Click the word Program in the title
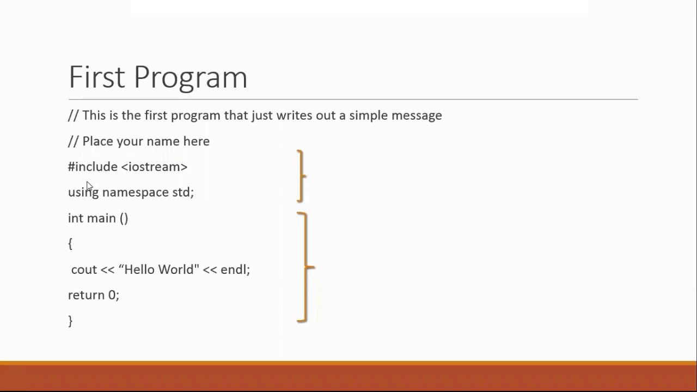click(190, 78)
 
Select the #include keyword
click(93, 167)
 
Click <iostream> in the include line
click(154, 167)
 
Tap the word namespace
click(135, 192)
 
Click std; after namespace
click(183, 192)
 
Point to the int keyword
click(75, 218)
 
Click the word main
click(101, 218)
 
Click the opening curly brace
click(70, 244)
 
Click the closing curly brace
click(70, 321)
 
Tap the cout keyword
click(84, 269)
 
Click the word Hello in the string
click(140, 269)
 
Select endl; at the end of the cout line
click(235, 269)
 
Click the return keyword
click(86, 295)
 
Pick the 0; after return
click(113, 295)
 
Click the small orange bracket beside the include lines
click(301, 176)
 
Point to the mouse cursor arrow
click(89, 186)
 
